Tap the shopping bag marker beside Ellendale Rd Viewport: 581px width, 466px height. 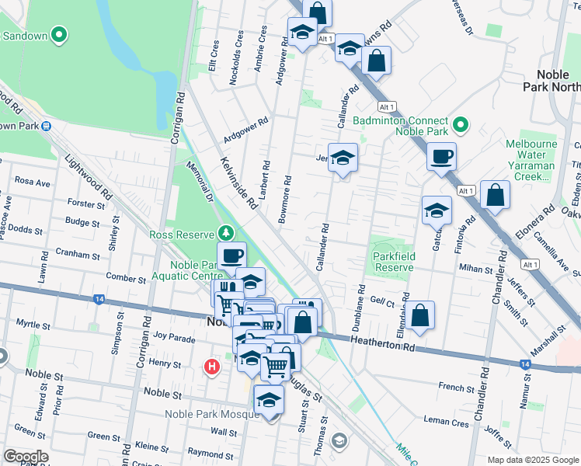coord(419,315)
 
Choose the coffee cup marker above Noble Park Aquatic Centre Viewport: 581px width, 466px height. coord(231,256)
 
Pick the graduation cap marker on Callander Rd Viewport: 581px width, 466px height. coord(343,158)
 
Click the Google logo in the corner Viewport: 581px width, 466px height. coord(26,456)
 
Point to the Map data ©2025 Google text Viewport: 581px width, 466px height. coord(532,459)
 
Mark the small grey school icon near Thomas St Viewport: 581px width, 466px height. coord(338,441)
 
